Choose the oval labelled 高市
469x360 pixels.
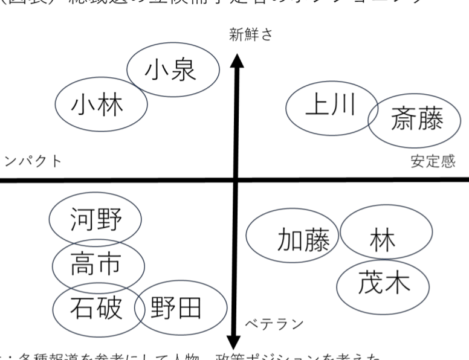(97, 263)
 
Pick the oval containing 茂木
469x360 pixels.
(384, 283)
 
